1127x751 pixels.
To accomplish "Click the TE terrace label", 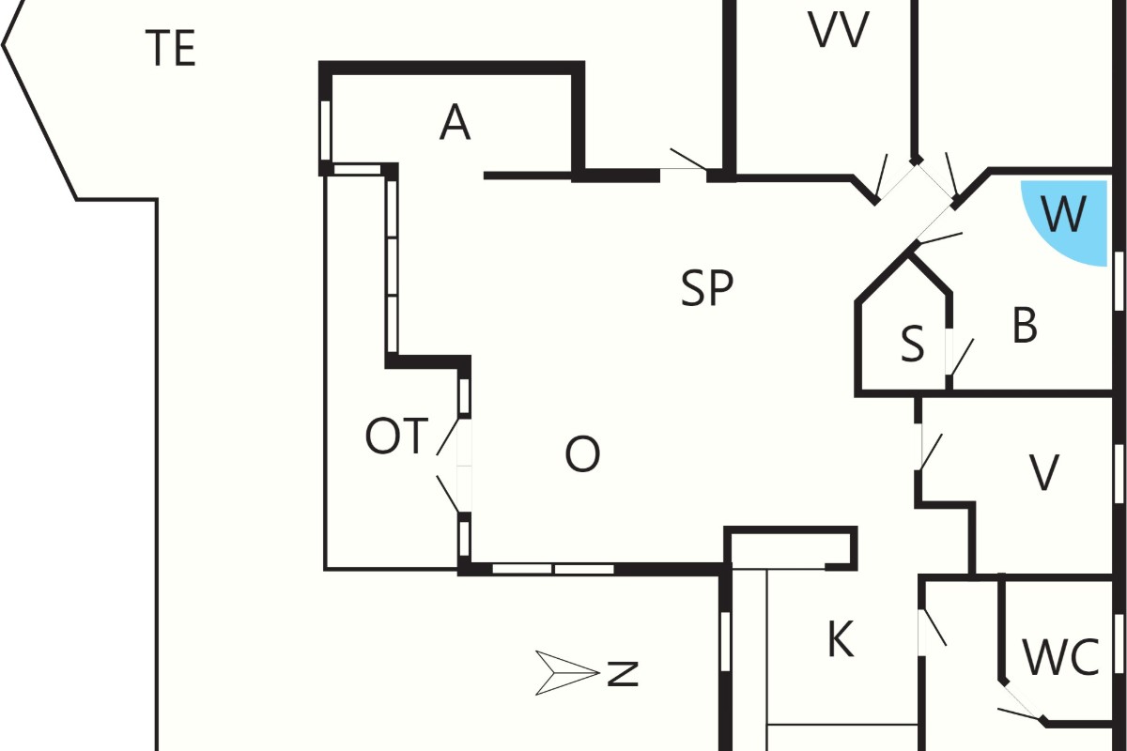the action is tap(171, 48).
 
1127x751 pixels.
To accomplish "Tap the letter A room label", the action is tap(455, 122).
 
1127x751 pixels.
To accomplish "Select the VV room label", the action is tap(839, 30).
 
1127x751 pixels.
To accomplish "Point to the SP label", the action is tap(707, 288).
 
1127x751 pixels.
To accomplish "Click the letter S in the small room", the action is tap(913, 344).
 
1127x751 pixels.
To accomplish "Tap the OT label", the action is tap(396, 437).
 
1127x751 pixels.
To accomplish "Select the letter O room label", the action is tap(582, 454).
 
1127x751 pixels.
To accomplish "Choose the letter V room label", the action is tap(1044, 472).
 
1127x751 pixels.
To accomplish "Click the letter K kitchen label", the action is tap(841, 639).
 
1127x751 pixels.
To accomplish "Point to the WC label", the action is tap(1061, 657).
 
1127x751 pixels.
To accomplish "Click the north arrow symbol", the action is tap(567, 673).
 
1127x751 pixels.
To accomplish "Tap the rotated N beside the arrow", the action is tap(623, 674).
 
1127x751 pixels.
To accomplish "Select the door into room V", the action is tap(930, 449).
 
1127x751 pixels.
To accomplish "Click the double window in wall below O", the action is tap(553, 569).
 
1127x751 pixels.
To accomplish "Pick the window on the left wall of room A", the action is tap(326, 130).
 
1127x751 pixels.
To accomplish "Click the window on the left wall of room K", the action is tap(725, 641).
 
